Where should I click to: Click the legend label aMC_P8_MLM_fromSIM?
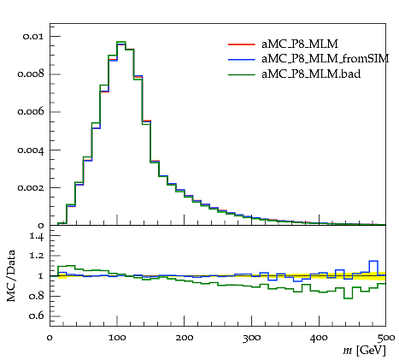(x=325, y=59)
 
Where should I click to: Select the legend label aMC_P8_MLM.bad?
(x=311, y=74)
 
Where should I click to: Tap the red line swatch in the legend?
(x=241, y=44)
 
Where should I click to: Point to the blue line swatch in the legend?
(x=241, y=59)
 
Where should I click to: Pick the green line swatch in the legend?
(x=241, y=74)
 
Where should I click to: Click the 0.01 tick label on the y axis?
(x=33, y=37)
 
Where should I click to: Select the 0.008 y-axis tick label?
(x=31, y=74)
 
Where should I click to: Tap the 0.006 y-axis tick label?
(x=31, y=112)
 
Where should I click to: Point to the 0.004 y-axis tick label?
(x=31, y=150)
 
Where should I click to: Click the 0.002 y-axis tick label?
(x=31, y=187)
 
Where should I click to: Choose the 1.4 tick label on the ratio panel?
(x=37, y=236)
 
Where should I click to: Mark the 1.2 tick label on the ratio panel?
(x=37, y=256)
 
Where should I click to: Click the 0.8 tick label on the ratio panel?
(x=36, y=296)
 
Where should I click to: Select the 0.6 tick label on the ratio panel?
(x=36, y=316)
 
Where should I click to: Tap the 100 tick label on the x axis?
(x=117, y=338)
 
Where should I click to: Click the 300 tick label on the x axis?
(x=251, y=338)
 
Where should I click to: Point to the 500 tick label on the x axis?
(x=386, y=338)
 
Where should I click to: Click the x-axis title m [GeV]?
(x=364, y=351)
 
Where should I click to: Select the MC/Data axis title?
(x=11, y=276)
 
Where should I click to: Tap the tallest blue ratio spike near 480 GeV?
(x=373, y=261)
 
